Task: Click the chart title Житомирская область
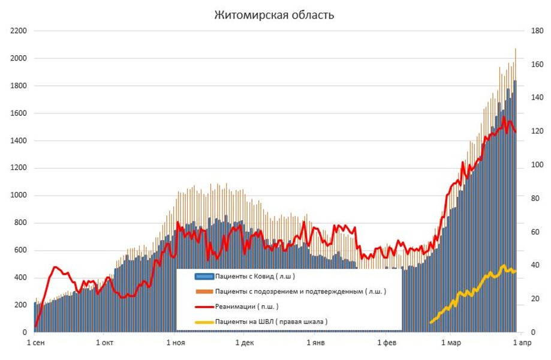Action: [275, 15]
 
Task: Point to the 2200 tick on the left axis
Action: [19, 31]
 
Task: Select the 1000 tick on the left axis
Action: [19, 196]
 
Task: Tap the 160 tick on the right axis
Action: [535, 64]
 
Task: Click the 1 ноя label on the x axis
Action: [174, 343]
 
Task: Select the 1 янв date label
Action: [316, 343]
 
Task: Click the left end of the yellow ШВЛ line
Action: [430, 323]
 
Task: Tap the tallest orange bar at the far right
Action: [516, 49]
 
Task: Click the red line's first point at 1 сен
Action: [35, 326]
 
